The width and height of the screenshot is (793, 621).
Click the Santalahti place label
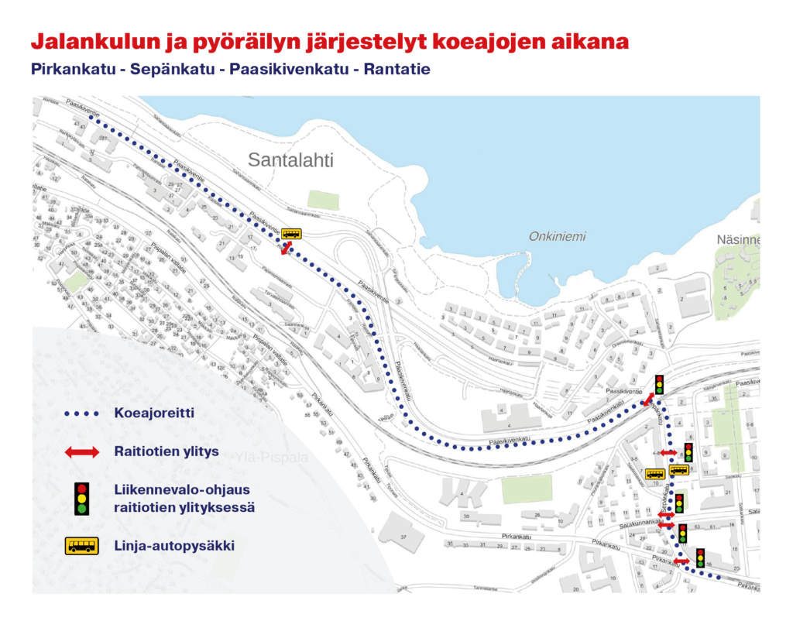point(290,160)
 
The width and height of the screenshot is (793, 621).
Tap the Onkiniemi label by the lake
point(557,237)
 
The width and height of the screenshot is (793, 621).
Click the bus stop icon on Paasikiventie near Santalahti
point(291,233)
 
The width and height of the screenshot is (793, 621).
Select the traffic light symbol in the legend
point(81,499)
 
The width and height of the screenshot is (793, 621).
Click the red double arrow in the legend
point(81,452)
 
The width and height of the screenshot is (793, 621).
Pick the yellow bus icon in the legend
point(81,546)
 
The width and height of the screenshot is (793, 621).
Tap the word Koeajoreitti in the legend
point(153,413)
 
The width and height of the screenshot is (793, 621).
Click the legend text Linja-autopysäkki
point(173,546)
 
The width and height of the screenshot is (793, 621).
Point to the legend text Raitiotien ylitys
point(166,452)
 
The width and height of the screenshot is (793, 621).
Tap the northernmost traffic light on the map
point(659,383)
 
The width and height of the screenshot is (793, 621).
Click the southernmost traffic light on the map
point(700,558)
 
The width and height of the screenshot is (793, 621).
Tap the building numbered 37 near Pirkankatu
point(403,537)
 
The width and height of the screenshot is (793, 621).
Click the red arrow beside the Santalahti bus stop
point(286,247)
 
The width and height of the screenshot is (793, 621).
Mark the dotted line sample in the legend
point(81,413)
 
